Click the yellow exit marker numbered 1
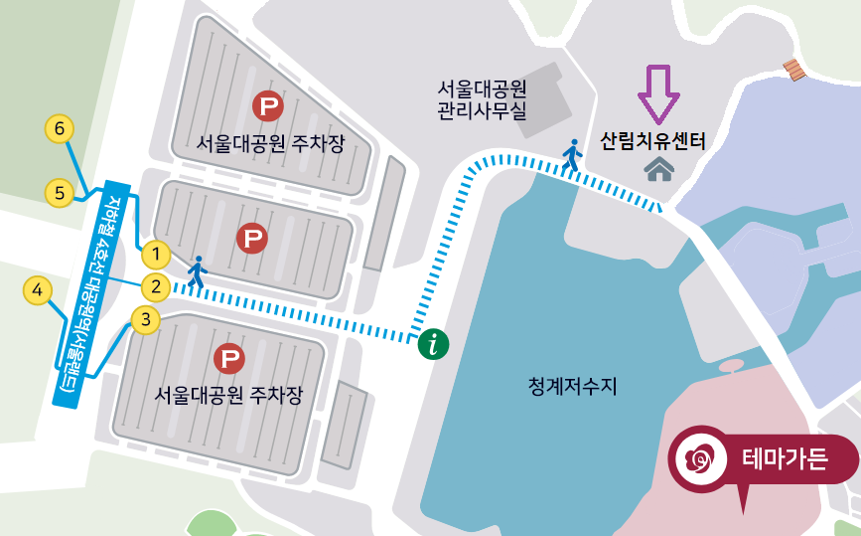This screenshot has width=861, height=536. click(x=156, y=254)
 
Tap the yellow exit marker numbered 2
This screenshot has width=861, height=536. click(x=156, y=287)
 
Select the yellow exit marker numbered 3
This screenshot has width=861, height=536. click(x=146, y=320)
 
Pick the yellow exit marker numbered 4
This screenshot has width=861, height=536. click(x=38, y=291)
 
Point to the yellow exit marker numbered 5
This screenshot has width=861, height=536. click(x=60, y=193)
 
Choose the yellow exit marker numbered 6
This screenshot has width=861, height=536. click(x=60, y=129)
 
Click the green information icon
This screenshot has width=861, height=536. click(x=434, y=344)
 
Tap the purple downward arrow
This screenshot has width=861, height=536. click(x=658, y=93)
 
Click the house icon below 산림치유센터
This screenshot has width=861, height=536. click(x=658, y=170)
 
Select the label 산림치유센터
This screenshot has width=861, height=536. click(x=652, y=141)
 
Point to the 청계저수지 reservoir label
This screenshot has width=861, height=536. click(x=573, y=386)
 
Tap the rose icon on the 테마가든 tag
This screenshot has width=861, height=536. click(x=699, y=458)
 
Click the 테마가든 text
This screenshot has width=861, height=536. click(x=785, y=459)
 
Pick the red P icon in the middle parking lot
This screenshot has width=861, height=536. click(x=252, y=238)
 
